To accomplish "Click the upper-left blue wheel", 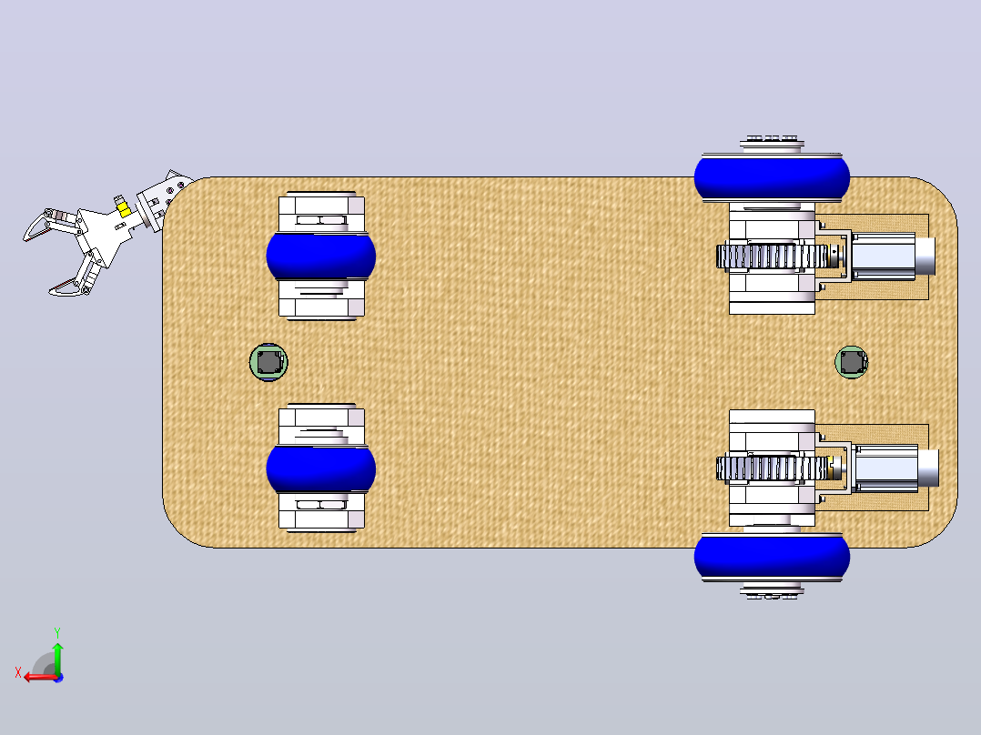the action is point(321,256).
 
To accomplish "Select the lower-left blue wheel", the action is point(321,469).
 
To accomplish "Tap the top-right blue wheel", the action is point(772,178).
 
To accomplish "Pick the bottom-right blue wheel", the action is point(772,557).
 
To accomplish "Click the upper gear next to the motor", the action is point(772,257).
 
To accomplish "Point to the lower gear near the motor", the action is point(772,468).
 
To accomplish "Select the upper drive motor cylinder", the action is point(893,256).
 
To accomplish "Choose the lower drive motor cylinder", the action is point(895,468).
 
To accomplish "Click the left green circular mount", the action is point(268,361).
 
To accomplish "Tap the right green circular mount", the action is point(852,361).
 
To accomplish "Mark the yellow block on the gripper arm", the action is point(124,210).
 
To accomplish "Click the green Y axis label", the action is point(57,632).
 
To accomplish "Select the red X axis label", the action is point(18,673).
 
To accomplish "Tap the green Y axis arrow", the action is point(57,659).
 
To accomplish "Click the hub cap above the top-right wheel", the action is point(772,144).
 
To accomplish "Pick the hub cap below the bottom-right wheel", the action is point(772,591).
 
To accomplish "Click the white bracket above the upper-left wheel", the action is point(321,212).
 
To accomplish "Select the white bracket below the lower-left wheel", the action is point(321,512).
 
